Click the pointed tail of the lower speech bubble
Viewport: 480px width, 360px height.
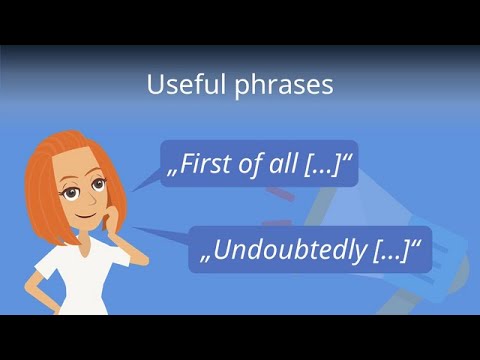coord(150,233)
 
